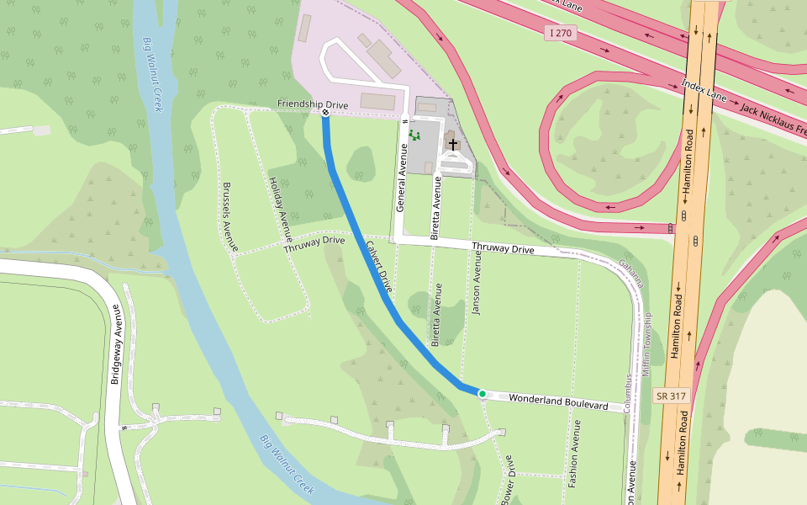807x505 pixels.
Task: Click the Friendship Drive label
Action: pos(313,104)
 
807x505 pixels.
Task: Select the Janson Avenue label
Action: pos(477,287)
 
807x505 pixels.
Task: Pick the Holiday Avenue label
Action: pos(279,206)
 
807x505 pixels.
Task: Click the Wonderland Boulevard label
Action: pos(558,401)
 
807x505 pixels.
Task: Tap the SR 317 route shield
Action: pos(670,395)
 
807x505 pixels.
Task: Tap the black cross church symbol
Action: pos(454,144)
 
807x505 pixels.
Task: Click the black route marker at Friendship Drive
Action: pos(325,112)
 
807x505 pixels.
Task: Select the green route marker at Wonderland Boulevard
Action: pos(482,393)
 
